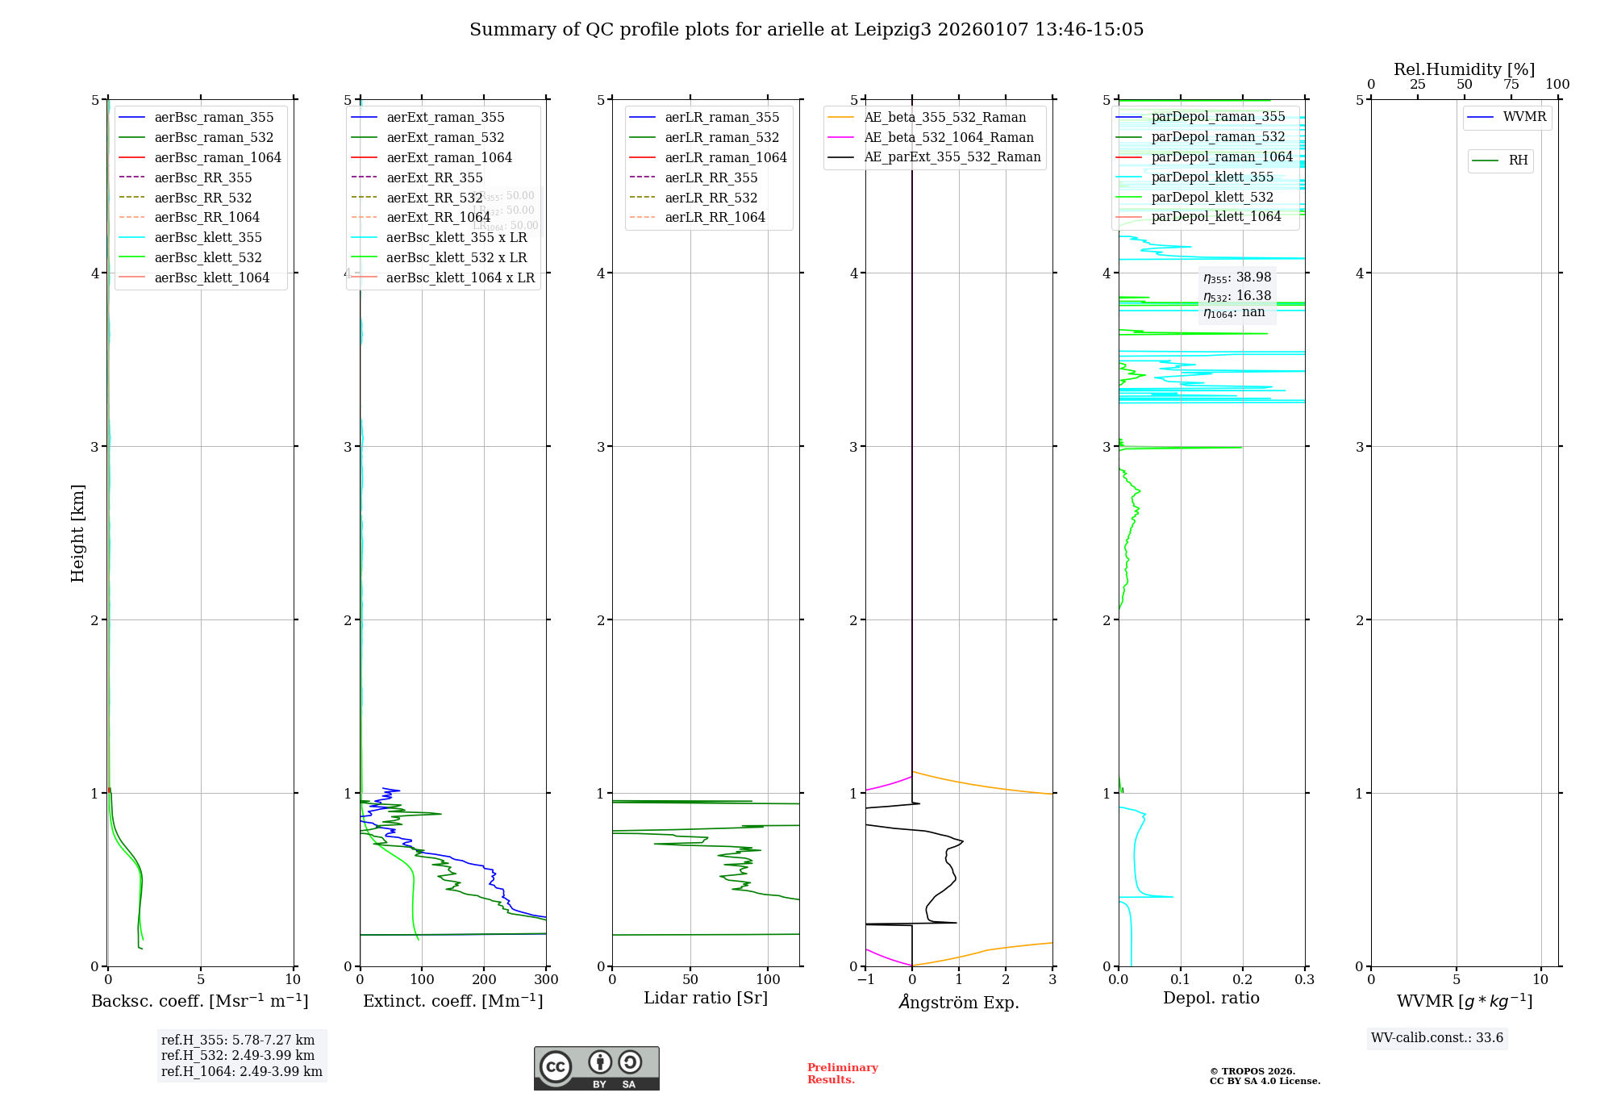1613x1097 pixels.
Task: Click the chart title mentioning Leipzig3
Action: tap(806, 30)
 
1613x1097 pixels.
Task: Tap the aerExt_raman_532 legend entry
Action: tap(445, 137)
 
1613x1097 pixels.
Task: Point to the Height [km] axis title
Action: tap(77, 532)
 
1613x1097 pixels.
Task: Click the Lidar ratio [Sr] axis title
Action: tap(706, 998)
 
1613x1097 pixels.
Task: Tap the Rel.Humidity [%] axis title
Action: tap(1464, 69)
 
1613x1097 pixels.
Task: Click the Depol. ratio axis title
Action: tap(1211, 998)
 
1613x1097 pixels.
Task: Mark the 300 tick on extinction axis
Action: tap(546, 980)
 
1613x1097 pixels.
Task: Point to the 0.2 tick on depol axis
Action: tap(1243, 980)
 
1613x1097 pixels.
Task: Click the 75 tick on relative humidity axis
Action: tap(1511, 85)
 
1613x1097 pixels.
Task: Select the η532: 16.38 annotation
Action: tap(1237, 296)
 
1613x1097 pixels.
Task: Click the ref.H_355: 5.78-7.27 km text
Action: tap(237, 1041)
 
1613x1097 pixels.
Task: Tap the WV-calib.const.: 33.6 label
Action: tap(1437, 1038)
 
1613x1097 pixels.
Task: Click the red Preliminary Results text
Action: tap(842, 1074)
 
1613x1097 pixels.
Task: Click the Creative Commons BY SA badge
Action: tap(596, 1069)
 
